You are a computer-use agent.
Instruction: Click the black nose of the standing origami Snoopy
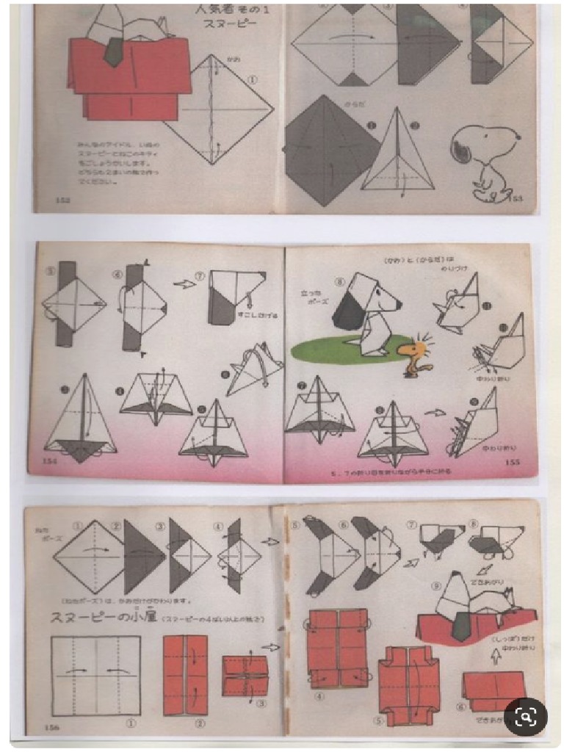398,303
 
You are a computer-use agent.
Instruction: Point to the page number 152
62,200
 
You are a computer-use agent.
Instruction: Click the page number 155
513,463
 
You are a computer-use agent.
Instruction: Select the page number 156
51,727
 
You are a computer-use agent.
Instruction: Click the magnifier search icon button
525,715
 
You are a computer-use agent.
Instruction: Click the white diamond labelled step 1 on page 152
219,110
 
